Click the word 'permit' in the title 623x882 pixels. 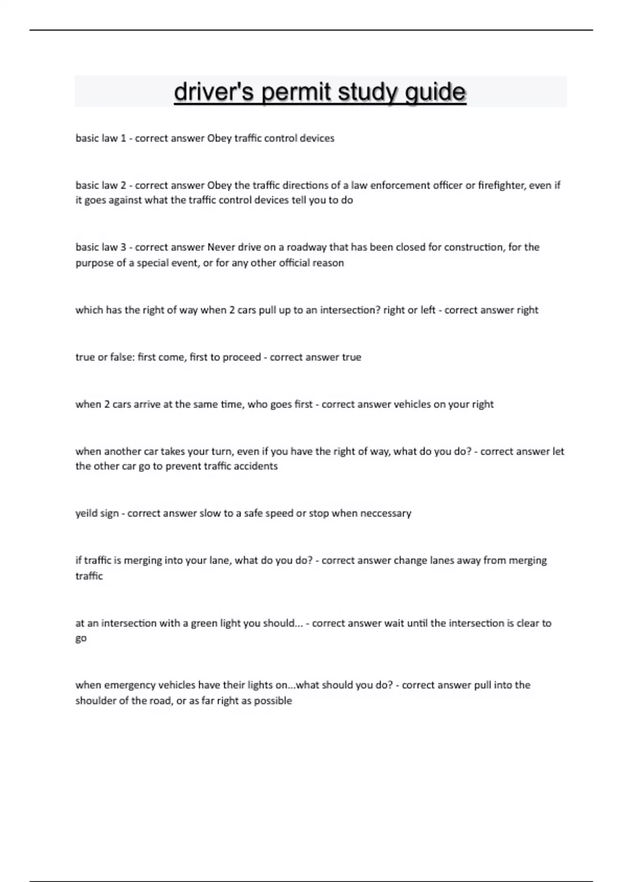pyautogui.click(x=296, y=92)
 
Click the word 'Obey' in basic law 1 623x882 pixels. pyautogui.click(x=219, y=139)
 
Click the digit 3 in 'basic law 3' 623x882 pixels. pyautogui.click(x=123, y=247)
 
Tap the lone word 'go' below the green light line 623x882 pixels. pyautogui.click(x=81, y=639)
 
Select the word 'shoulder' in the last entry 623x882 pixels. pyautogui.click(x=95, y=701)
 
